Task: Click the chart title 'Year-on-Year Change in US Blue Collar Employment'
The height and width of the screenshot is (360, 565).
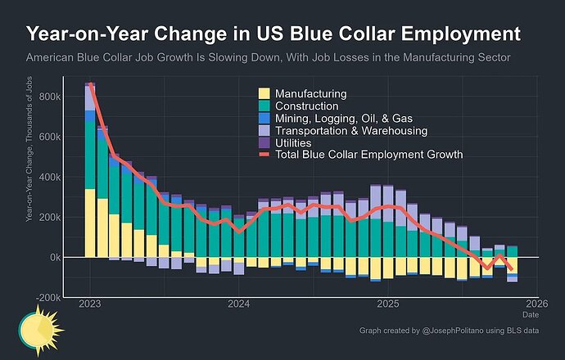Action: click(x=273, y=35)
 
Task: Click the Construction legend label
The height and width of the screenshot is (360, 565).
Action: click(x=307, y=106)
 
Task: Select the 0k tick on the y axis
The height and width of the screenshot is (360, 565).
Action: click(x=52, y=257)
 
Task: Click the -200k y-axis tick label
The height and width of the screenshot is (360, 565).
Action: click(x=45, y=297)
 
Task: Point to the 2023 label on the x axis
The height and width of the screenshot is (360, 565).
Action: click(x=90, y=304)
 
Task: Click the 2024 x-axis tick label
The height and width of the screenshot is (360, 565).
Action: click(x=239, y=304)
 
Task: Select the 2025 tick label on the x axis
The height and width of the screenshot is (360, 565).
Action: click(x=388, y=304)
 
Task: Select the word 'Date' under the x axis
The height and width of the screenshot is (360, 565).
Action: click(x=531, y=314)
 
